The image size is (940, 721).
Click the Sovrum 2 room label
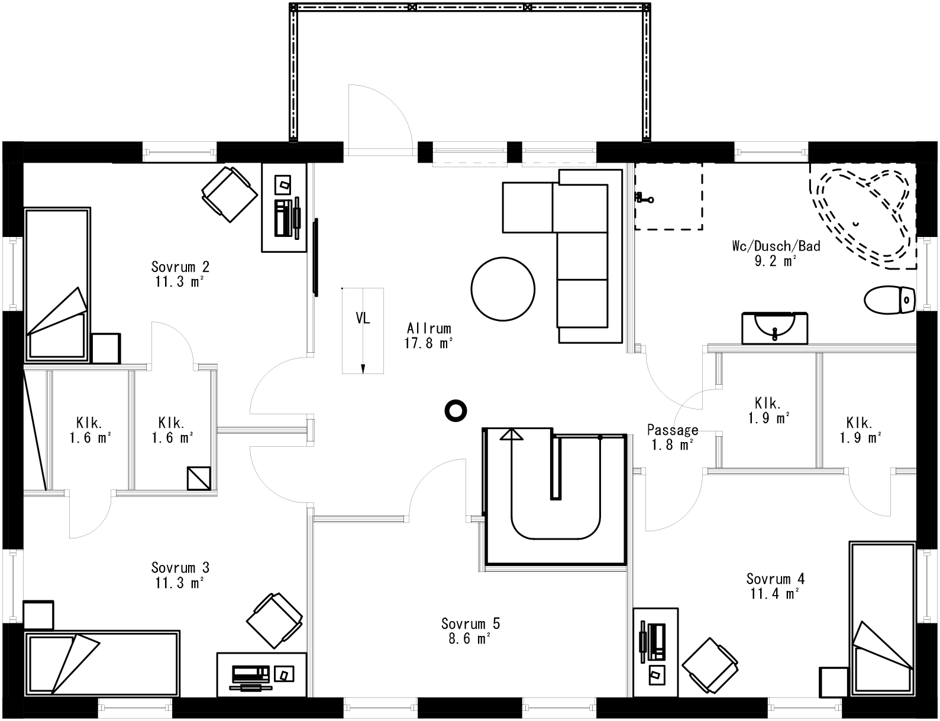pyautogui.click(x=180, y=267)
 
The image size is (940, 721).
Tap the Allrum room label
pyautogui.click(x=429, y=328)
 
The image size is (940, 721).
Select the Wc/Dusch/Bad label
pyautogui.click(x=776, y=246)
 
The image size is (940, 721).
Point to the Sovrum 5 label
pyautogui.click(x=470, y=623)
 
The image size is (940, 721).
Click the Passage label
pyautogui.click(x=673, y=430)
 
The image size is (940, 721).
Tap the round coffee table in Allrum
pyautogui.click(x=503, y=289)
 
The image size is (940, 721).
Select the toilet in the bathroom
pyautogui.click(x=889, y=299)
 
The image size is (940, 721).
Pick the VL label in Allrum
pyautogui.click(x=363, y=318)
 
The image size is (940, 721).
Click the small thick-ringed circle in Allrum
pyautogui.click(x=456, y=410)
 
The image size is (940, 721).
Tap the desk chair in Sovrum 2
pyautogui.click(x=230, y=194)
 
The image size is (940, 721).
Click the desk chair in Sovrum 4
pyautogui.click(x=710, y=665)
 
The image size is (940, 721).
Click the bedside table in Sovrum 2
pyautogui.click(x=106, y=348)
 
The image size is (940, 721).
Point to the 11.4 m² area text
pyautogui.click(x=775, y=593)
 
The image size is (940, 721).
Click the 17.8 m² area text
pyautogui.click(x=429, y=343)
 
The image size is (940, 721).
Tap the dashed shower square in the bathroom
pyautogui.click(x=668, y=196)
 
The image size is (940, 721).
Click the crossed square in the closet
pyautogui.click(x=199, y=478)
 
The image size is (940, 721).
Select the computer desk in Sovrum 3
pyautogui.click(x=261, y=674)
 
